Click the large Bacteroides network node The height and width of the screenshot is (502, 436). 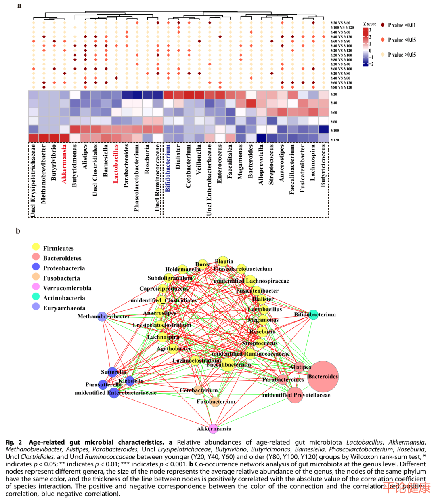(x=323, y=377)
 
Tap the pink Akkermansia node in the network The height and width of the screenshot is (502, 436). (x=213, y=429)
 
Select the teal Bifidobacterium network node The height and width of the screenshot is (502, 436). (x=313, y=314)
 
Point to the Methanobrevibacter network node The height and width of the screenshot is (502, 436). (x=102, y=316)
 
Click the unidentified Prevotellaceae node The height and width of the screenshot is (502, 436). (x=295, y=395)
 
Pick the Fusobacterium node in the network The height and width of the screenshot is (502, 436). (x=215, y=402)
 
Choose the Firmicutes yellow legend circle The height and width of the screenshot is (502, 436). (x=36, y=247)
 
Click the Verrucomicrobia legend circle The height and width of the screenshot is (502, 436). (x=36, y=287)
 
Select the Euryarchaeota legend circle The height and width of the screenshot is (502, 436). (x=36, y=306)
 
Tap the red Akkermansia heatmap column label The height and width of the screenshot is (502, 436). (x=64, y=164)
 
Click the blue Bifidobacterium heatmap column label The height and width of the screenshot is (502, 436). (x=168, y=168)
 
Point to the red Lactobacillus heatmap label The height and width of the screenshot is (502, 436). (x=116, y=164)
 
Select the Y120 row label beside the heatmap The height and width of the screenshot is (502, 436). (x=335, y=140)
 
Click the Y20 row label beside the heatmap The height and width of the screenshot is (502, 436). (x=334, y=95)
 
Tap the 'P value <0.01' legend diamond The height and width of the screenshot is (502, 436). (x=382, y=25)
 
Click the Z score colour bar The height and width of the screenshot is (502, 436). (x=365, y=47)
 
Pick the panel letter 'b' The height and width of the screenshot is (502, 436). (x=18, y=231)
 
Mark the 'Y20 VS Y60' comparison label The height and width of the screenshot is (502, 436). (x=340, y=23)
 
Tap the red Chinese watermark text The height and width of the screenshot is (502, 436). (x=406, y=488)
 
